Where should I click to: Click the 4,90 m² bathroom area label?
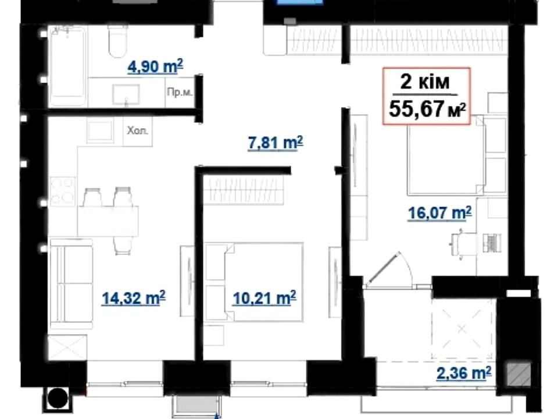tap(155, 66)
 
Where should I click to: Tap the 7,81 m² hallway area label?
tap(276, 143)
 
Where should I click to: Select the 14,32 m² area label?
tap(134, 298)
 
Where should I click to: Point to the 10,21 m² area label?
tap(264, 298)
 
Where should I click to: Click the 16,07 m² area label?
tap(440, 213)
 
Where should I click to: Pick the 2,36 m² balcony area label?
tap(464, 373)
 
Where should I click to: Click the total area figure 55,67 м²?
tap(427, 109)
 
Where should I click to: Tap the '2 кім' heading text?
tap(425, 81)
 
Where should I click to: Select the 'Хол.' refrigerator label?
tap(137, 130)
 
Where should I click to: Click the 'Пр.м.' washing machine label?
tap(180, 93)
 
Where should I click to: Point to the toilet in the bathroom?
tap(118, 41)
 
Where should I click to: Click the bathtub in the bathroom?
tap(67, 66)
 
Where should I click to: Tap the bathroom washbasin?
tap(126, 94)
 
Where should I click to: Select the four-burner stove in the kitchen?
tap(63, 191)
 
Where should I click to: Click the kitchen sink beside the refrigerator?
tap(101, 132)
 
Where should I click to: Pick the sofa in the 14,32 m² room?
tap(71, 283)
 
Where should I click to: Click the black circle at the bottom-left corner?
tap(58, 398)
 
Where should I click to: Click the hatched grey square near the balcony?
tap(519, 374)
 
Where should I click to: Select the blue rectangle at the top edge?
tap(300, 2)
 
